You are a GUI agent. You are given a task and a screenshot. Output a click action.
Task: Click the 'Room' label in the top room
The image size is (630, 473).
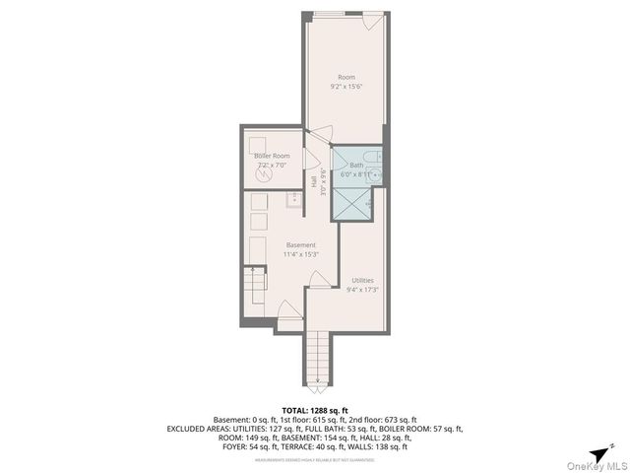pyautogui.click(x=346, y=77)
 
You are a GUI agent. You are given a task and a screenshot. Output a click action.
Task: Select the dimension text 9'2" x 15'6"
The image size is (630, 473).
pyautogui.click(x=346, y=87)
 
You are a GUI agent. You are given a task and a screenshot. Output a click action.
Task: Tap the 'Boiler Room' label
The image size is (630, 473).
pyautogui.click(x=272, y=156)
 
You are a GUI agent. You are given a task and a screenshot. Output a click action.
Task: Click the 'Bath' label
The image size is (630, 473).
pyautogui.click(x=356, y=165)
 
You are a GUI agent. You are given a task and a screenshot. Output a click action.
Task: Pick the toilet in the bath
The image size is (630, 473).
pyautogui.click(x=367, y=157)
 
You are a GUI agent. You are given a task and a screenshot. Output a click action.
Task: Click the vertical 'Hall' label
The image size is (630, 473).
pyautogui.click(x=314, y=182)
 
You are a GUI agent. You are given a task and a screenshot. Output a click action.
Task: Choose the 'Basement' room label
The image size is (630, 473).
pyautogui.click(x=300, y=244)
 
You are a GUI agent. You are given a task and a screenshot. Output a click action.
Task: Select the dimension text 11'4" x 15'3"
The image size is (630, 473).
pyautogui.click(x=300, y=254)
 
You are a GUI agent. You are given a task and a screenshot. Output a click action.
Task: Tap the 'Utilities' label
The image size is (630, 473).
pyautogui.click(x=362, y=280)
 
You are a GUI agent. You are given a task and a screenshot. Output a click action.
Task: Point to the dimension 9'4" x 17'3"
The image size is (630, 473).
pyautogui.click(x=362, y=290)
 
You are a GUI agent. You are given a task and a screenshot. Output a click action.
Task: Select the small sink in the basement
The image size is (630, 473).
pyautogui.click(x=293, y=199)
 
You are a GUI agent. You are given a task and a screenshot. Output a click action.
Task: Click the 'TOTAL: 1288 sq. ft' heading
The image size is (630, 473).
pyautogui.click(x=315, y=409)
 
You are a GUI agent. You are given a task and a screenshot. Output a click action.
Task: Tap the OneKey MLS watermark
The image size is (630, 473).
pyautogui.click(x=597, y=466)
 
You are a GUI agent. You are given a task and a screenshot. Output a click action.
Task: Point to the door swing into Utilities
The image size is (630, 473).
pyautogui.click(x=320, y=281)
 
